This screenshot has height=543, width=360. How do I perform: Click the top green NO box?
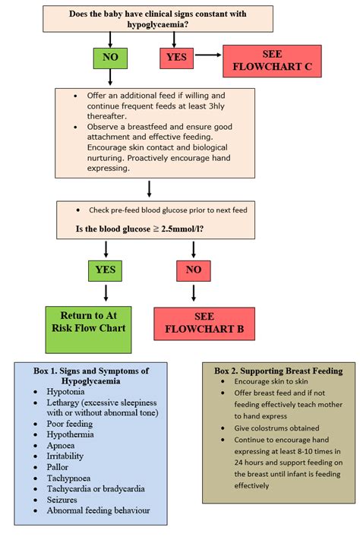point(111,57)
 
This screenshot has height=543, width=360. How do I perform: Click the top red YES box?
point(177,57)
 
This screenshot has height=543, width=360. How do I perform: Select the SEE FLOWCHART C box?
point(271,61)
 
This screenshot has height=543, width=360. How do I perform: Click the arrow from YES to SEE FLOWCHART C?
point(208,56)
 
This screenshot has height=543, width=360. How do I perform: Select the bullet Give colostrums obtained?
point(276,428)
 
